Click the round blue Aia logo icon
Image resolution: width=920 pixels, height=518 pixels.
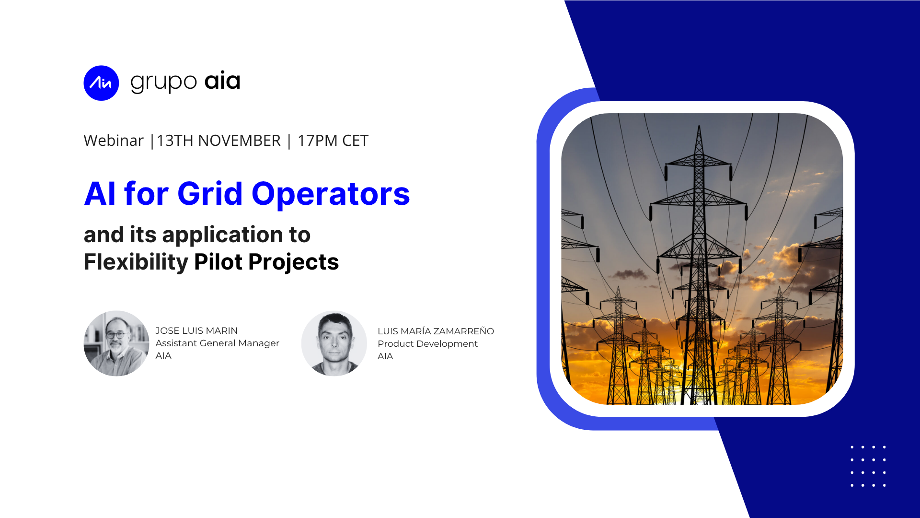click(101, 83)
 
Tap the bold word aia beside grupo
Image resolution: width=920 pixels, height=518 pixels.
click(222, 81)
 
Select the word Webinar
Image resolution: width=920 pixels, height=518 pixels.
click(114, 141)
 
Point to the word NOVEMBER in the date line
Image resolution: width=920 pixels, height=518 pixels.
click(239, 141)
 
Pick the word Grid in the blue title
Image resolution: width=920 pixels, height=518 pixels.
click(210, 194)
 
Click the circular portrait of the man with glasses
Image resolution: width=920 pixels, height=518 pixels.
click(116, 343)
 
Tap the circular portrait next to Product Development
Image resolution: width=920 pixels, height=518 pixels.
click(334, 343)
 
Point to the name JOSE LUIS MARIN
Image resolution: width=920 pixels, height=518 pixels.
click(196, 331)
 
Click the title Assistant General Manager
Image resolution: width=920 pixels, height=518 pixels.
click(218, 343)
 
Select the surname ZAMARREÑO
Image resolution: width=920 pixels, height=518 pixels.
click(463, 331)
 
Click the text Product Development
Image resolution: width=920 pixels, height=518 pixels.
click(427, 344)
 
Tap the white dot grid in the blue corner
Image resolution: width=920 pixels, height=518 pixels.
click(868, 466)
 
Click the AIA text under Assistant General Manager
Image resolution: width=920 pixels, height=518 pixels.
click(163, 356)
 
